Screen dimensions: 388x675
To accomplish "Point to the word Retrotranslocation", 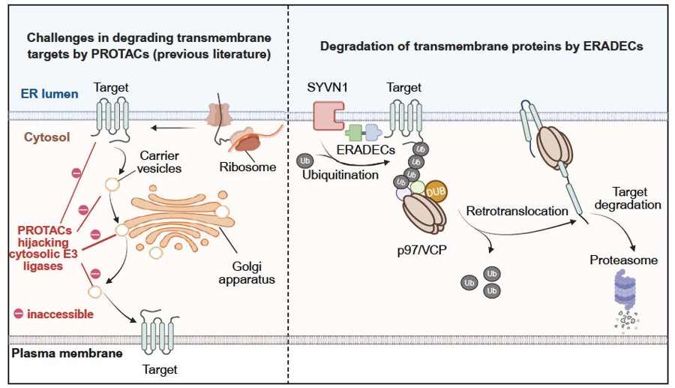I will click(x=517, y=211).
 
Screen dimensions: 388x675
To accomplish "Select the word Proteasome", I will click(x=623, y=260).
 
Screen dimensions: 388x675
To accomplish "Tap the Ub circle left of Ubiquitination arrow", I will click(x=305, y=161).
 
